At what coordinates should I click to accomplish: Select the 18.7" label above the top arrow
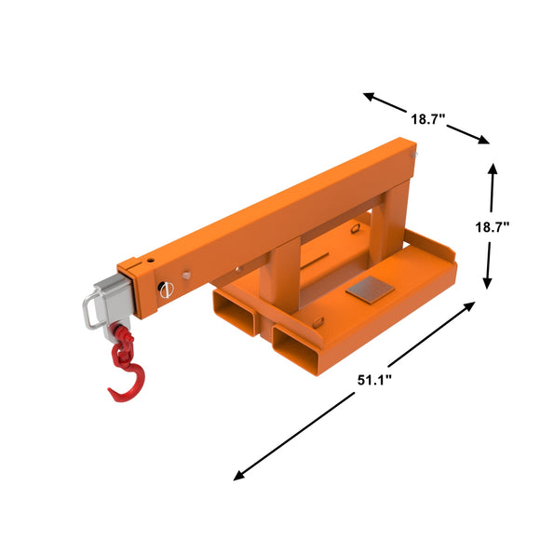coord(427,119)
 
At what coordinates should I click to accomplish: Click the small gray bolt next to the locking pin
coord(188,275)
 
